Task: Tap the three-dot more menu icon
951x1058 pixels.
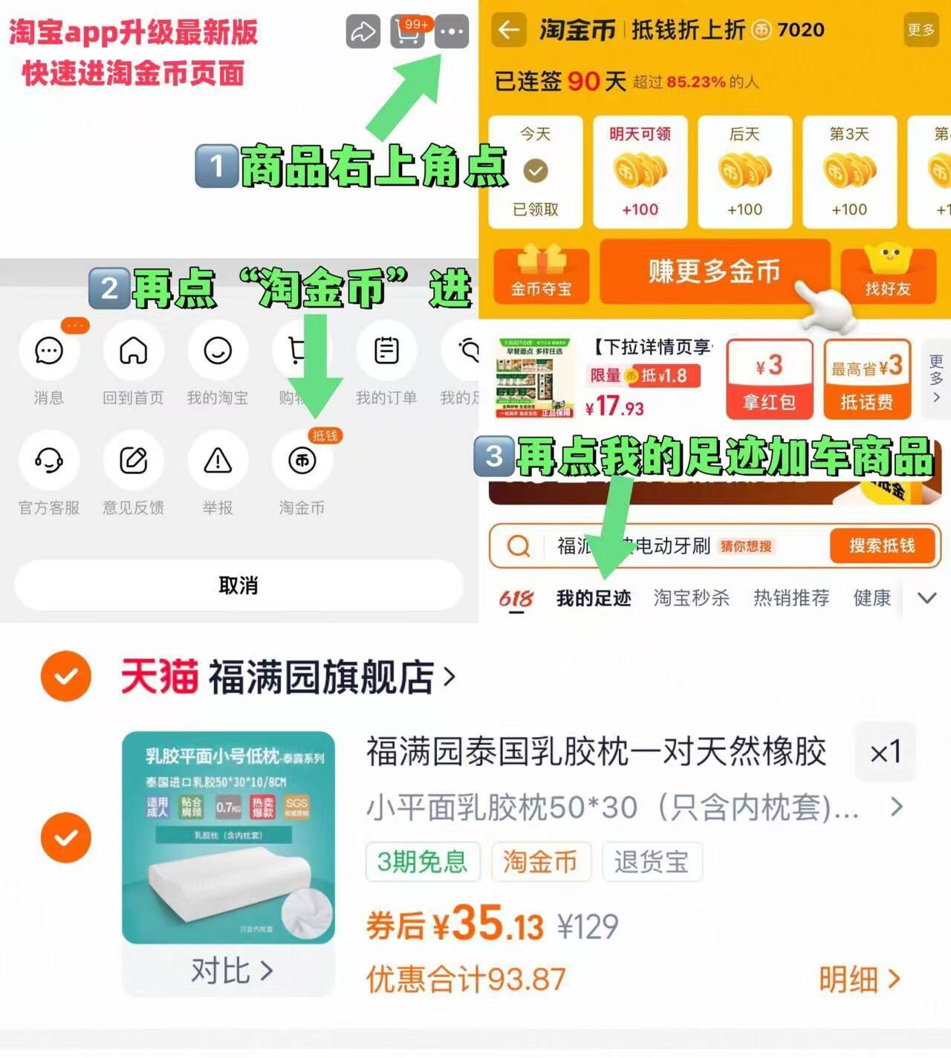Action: pyautogui.click(x=452, y=32)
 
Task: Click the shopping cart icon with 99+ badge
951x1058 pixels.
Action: pyautogui.click(x=407, y=32)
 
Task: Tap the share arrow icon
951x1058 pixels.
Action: pyautogui.click(x=363, y=32)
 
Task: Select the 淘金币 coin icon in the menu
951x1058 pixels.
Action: pyautogui.click(x=302, y=461)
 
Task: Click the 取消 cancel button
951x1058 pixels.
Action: pyautogui.click(x=238, y=585)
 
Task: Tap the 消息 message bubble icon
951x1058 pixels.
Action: pyautogui.click(x=49, y=351)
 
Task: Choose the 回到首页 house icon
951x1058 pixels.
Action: pyautogui.click(x=134, y=351)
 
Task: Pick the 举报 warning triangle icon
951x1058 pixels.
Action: pyautogui.click(x=218, y=461)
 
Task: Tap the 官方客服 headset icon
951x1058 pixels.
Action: pyautogui.click(x=49, y=461)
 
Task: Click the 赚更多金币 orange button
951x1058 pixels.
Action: pyautogui.click(x=714, y=272)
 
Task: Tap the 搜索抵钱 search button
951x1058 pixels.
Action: pyautogui.click(x=882, y=546)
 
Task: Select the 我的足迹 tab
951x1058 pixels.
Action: pyautogui.click(x=594, y=598)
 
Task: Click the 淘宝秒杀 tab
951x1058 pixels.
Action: pyautogui.click(x=691, y=598)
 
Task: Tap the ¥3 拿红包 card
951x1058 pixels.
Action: pyautogui.click(x=769, y=380)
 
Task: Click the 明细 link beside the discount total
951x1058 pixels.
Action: pyautogui.click(x=859, y=980)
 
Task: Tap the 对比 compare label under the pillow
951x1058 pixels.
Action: pyautogui.click(x=231, y=970)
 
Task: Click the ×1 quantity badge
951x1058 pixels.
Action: pyautogui.click(x=885, y=753)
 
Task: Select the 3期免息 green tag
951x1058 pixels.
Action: pyautogui.click(x=423, y=862)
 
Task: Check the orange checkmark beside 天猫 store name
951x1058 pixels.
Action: pyautogui.click(x=66, y=676)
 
